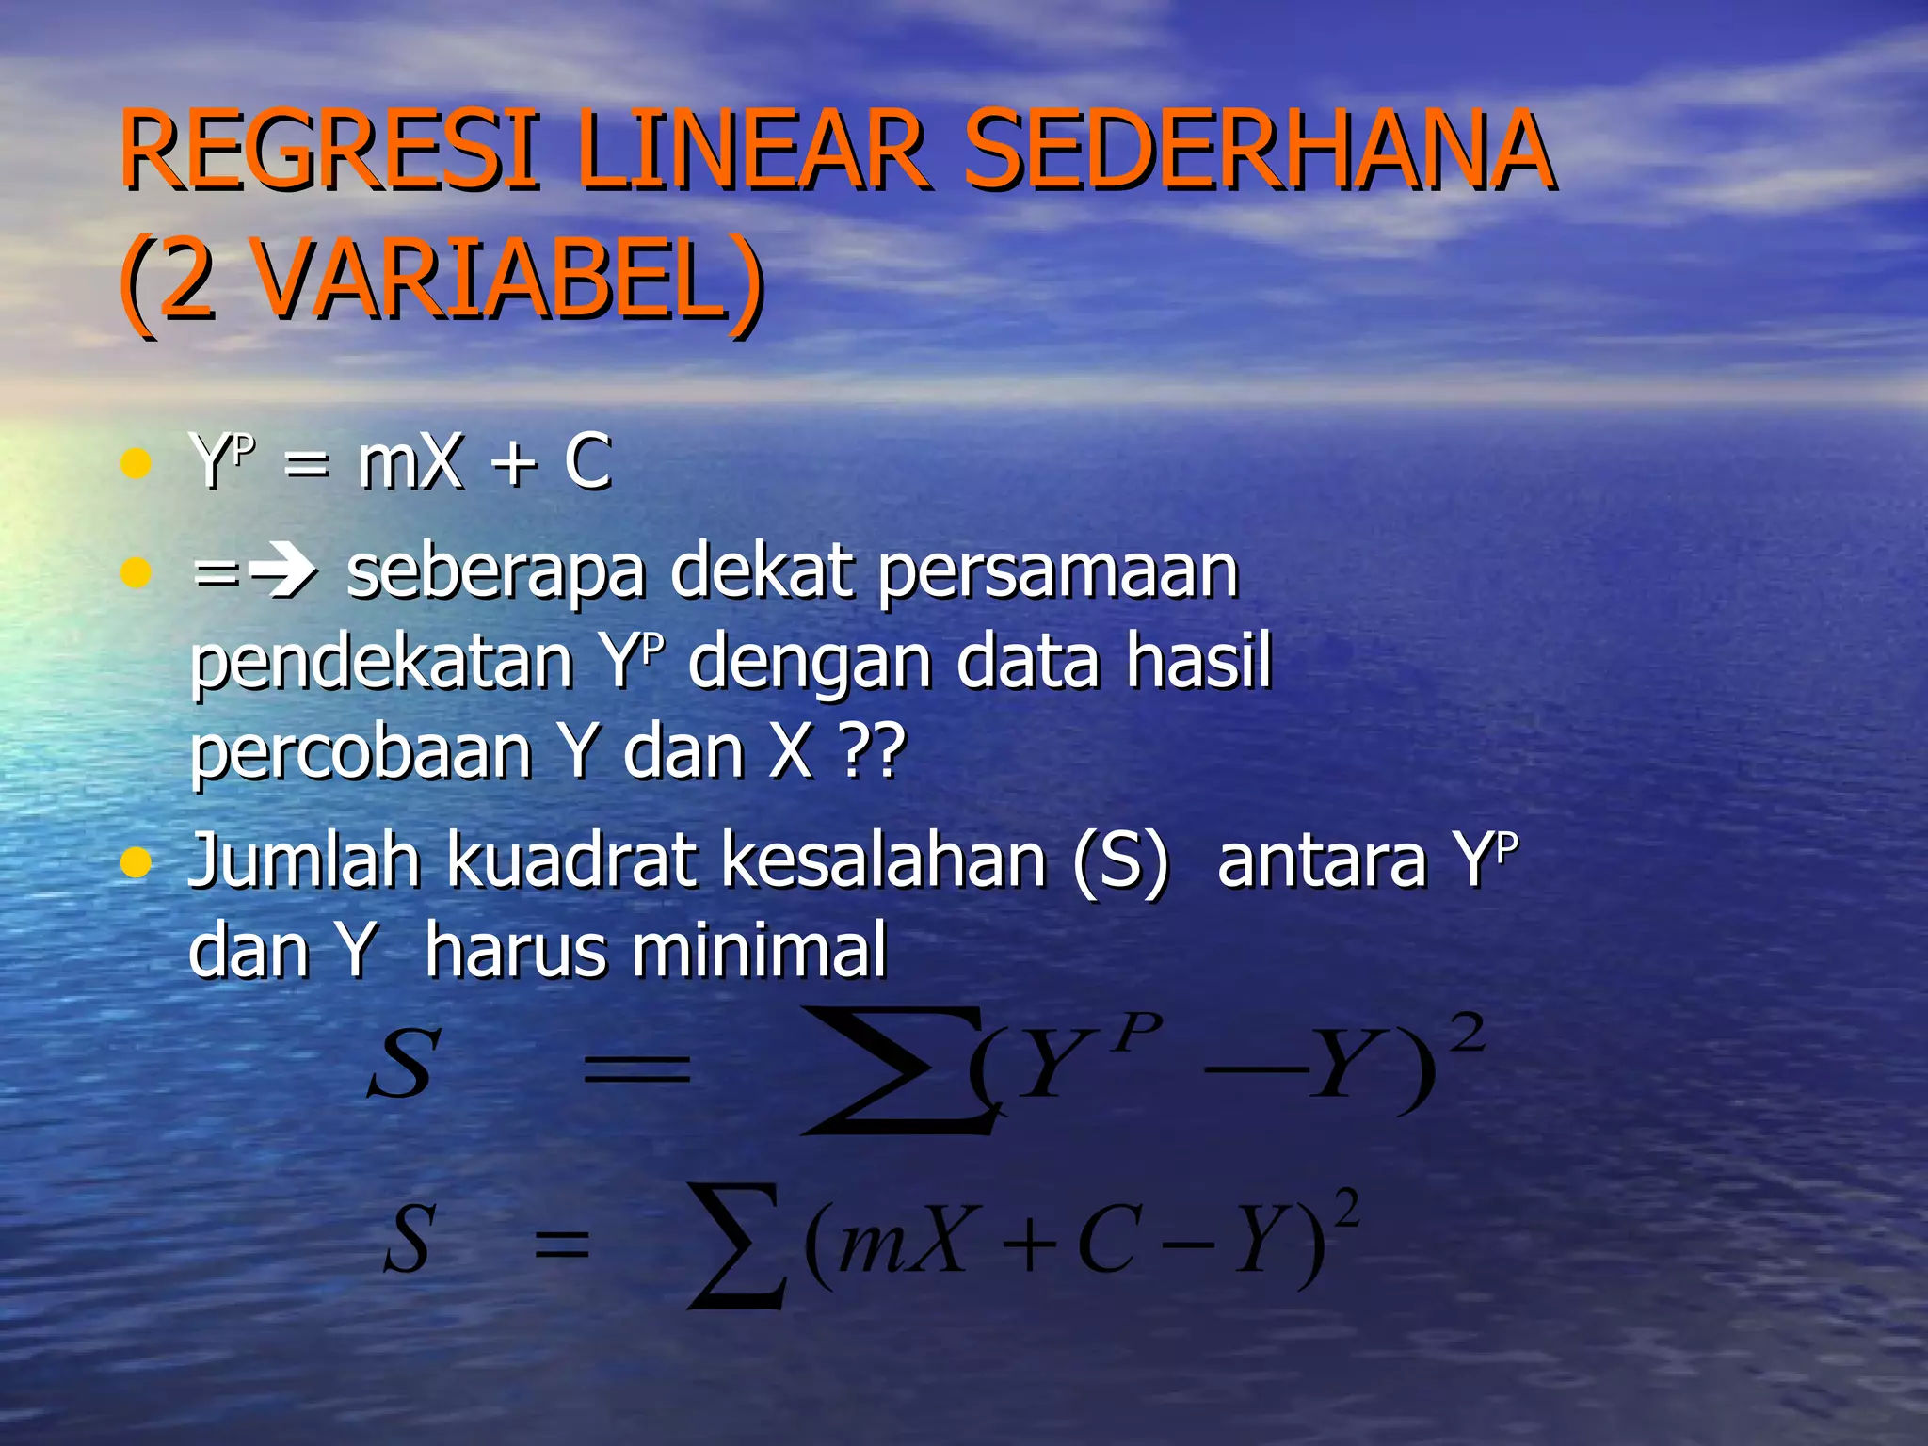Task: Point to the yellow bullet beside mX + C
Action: [x=137, y=463]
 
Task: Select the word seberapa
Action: [x=495, y=570]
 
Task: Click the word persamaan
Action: [x=1058, y=572]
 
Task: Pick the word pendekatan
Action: [x=381, y=661]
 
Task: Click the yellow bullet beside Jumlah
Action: [x=137, y=861]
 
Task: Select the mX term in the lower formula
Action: [x=904, y=1241]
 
